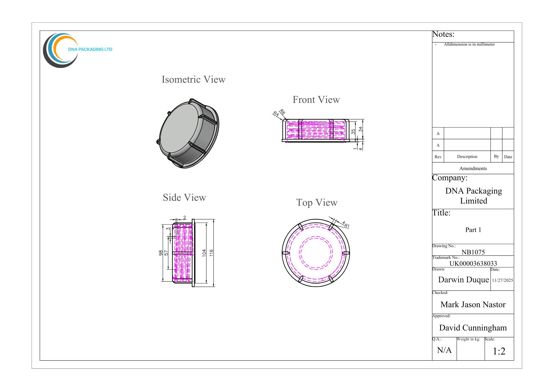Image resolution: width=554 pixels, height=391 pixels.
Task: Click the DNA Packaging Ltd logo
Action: [x=78, y=50]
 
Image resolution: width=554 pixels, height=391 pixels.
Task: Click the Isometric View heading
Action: [x=193, y=80]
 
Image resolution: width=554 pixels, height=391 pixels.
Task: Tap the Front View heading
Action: [x=316, y=100]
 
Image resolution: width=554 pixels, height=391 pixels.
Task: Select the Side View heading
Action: [x=184, y=198]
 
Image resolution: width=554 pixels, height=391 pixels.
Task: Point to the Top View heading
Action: [x=317, y=203]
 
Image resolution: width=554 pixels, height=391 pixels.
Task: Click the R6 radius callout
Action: [x=282, y=112]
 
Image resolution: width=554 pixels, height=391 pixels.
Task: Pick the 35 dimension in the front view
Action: [x=353, y=132]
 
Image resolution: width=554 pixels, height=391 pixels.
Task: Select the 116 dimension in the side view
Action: [x=211, y=253]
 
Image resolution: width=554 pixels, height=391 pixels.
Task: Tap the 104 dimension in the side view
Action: [x=204, y=253]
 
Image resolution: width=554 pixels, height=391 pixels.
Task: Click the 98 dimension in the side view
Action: [x=161, y=253]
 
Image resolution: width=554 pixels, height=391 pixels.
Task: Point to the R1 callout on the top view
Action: [x=347, y=226]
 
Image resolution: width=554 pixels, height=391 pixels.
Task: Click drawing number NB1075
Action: [x=473, y=252]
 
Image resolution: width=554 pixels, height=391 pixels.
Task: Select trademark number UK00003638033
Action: [x=473, y=264]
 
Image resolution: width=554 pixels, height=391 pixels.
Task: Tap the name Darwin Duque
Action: [x=463, y=280]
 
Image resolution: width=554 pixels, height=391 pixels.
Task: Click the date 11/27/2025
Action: [x=502, y=280]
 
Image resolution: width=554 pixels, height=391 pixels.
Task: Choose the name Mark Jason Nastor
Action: [x=473, y=305]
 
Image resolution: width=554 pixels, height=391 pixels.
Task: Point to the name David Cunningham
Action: [x=473, y=328]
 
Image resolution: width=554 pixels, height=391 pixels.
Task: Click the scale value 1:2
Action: [x=499, y=351]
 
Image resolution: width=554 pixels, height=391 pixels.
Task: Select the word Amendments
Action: [x=473, y=168]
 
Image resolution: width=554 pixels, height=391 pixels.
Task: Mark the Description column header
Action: [x=467, y=157]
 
